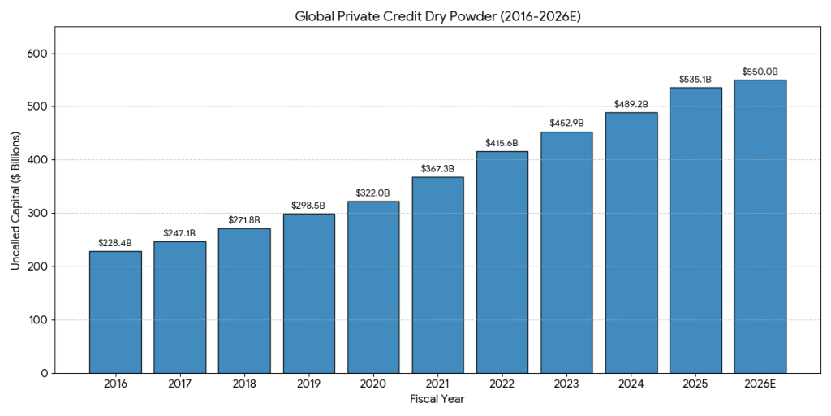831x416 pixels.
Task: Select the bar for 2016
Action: (115, 312)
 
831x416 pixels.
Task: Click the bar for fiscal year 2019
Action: (308, 293)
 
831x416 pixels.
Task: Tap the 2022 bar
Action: (502, 262)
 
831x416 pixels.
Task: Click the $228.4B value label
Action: (115, 243)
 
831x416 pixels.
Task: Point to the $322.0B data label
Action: (373, 193)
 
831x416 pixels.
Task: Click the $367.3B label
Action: (437, 169)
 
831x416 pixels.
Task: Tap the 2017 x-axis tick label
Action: (179, 384)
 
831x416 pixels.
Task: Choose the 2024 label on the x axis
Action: (631, 384)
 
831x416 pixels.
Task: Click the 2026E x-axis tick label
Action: (760, 384)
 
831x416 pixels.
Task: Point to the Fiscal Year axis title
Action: (437, 400)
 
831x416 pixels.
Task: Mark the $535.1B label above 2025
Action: (695, 80)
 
